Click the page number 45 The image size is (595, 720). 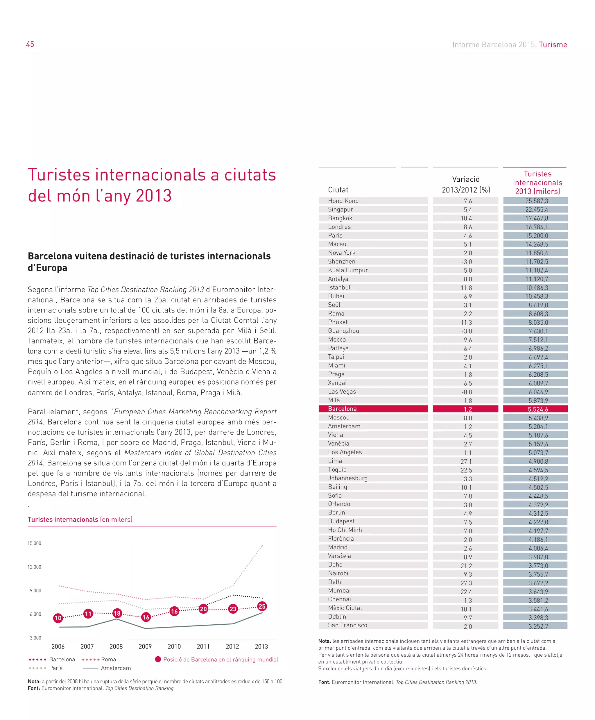[30, 44]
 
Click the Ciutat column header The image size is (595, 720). [338, 190]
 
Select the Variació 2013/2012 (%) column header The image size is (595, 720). [466, 185]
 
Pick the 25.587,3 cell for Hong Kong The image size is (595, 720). [536, 201]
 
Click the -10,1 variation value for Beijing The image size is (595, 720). [465, 487]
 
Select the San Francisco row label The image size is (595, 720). [347, 625]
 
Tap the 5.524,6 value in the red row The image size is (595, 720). [538, 409]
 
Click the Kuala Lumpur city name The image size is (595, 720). [348, 270]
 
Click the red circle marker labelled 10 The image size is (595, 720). [58, 618]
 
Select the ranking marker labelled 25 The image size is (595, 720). [262, 606]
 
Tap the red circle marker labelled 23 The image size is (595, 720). [233, 609]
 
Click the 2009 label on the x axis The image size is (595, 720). [145, 646]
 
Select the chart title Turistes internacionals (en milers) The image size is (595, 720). [80, 519]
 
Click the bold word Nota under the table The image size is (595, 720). [324, 641]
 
